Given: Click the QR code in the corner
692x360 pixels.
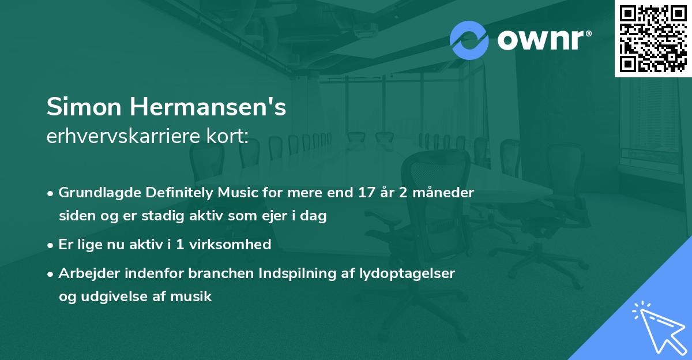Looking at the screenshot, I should click(x=653, y=38).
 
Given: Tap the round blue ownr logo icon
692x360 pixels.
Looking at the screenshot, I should click(x=469, y=40).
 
